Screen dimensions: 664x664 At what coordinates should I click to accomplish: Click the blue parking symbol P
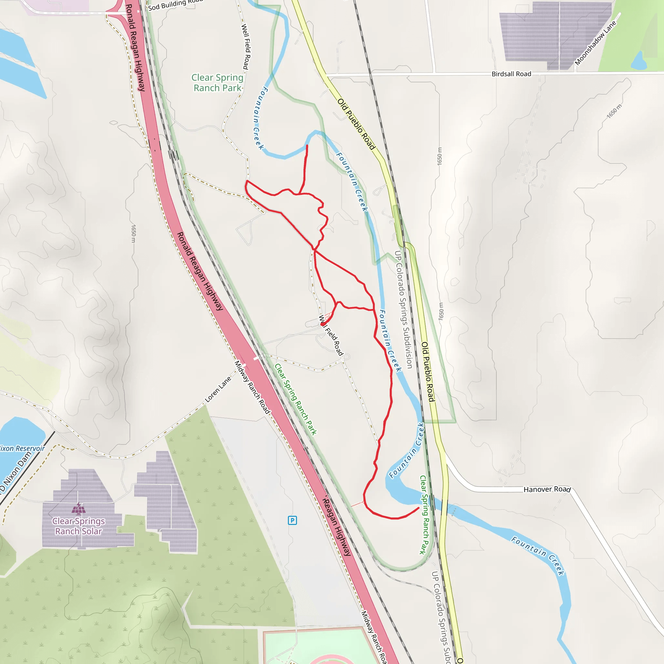292,520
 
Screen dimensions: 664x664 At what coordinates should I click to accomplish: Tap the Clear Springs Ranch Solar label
79,526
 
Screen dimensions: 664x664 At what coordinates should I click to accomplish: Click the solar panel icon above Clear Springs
79,508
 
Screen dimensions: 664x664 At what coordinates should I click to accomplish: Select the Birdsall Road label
511,74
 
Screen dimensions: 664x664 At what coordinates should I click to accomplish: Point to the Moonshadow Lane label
595,43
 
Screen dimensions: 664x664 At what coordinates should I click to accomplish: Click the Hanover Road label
547,489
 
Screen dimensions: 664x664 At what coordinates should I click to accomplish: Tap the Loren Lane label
218,389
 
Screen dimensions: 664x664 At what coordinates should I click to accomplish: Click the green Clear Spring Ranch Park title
217,83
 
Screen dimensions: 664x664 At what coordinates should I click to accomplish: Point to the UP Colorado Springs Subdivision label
403,309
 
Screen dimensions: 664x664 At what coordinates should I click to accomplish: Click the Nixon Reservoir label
22,448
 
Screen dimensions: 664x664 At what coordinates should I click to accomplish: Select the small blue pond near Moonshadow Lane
639,61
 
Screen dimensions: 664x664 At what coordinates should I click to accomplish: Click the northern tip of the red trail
307,146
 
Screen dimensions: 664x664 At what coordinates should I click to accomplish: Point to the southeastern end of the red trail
418,508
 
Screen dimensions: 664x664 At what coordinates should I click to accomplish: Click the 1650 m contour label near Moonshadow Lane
614,111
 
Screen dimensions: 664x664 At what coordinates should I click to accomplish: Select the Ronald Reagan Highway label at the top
135,48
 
